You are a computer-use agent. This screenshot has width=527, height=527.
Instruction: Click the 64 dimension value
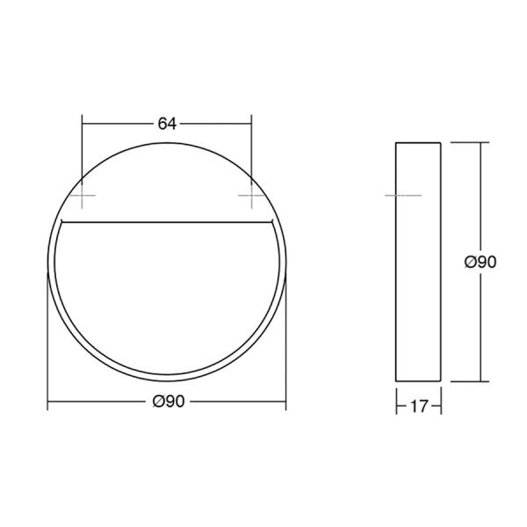pos(167,124)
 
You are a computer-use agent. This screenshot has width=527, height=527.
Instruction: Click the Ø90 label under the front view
pos(169,401)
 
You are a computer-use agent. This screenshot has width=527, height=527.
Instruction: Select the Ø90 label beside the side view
pos(480,262)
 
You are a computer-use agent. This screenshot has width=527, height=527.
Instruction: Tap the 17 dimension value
pos(419,407)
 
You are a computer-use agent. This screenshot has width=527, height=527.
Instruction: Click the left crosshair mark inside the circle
pos(82,195)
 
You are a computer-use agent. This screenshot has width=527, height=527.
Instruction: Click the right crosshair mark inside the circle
pos(252,195)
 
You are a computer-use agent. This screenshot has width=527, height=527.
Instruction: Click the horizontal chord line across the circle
pos(167,222)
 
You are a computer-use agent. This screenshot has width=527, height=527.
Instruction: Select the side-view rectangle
pos(418,262)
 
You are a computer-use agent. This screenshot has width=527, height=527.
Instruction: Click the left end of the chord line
pos(61,222)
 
